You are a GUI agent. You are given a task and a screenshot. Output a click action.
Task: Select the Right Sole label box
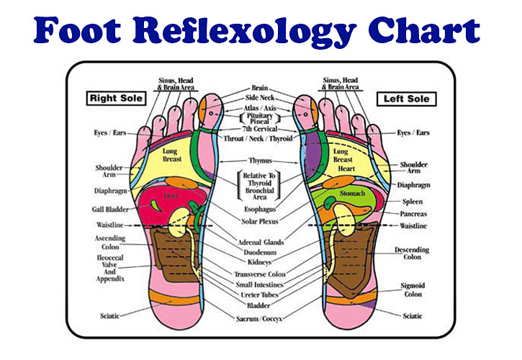point(115,97)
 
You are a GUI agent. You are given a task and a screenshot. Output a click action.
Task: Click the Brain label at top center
point(260,88)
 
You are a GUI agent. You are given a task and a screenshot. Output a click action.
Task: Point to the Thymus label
point(260,160)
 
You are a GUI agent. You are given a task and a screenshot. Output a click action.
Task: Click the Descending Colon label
point(412,253)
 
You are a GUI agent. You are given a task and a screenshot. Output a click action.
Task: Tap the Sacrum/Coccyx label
point(260,318)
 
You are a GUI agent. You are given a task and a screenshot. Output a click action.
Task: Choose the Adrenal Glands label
point(260,242)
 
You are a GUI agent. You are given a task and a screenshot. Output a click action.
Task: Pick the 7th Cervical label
point(260,128)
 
